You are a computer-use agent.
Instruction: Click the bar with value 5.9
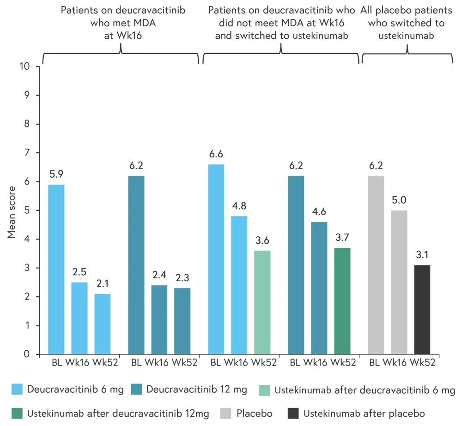coord(56,269)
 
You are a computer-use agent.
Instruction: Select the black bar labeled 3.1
coord(422,310)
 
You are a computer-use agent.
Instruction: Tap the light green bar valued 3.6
coord(262,302)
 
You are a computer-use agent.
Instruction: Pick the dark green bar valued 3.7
coord(342,301)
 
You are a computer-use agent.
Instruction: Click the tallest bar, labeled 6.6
coord(216,259)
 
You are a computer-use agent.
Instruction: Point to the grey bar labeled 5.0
coord(399,282)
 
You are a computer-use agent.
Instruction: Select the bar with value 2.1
coord(102,324)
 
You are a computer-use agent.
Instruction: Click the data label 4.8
coord(239,206)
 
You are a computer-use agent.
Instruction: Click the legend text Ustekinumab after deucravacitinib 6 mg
coord(365,390)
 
